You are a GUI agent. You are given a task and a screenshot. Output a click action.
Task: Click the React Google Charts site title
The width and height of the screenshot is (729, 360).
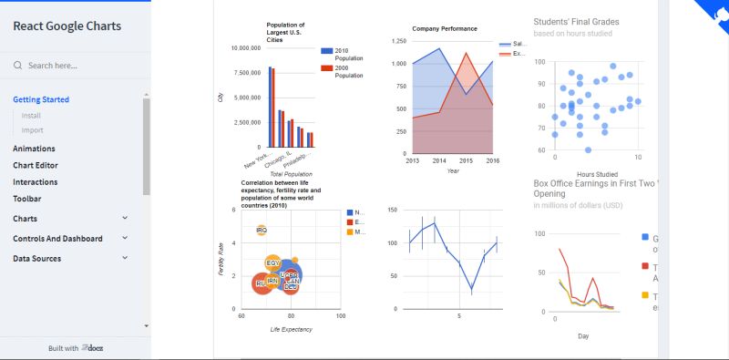point(67,26)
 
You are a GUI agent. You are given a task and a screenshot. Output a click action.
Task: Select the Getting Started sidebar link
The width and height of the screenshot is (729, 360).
point(41,99)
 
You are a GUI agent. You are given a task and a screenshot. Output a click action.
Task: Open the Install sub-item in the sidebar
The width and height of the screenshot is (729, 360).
point(31,116)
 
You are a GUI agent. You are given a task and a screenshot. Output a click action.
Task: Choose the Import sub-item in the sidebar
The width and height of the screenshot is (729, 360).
point(32,130)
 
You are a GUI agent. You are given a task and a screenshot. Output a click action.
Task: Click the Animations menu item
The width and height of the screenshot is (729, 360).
point(34,149)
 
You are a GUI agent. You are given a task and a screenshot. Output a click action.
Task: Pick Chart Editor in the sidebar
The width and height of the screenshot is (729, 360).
point(36,165)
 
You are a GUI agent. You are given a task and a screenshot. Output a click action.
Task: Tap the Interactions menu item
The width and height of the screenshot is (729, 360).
point(36,181)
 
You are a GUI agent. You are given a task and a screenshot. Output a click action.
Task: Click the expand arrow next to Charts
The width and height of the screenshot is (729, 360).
point(125,219)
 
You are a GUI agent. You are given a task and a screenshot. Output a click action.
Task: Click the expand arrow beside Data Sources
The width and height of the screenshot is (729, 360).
point(125,259)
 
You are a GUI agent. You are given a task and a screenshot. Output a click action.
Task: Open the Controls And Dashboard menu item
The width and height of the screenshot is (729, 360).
point(57,239)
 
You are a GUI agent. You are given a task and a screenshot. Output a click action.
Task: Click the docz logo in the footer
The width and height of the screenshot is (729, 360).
point(91,348)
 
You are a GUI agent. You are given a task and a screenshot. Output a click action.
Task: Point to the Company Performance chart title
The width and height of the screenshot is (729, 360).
point(445,29)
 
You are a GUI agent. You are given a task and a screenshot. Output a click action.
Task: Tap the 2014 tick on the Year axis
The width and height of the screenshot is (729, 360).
point(440,159)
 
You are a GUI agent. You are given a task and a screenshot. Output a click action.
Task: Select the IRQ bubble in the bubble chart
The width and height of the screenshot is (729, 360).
point(262,231)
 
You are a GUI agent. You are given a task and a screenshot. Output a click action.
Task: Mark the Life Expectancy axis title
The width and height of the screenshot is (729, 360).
point(291,329)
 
